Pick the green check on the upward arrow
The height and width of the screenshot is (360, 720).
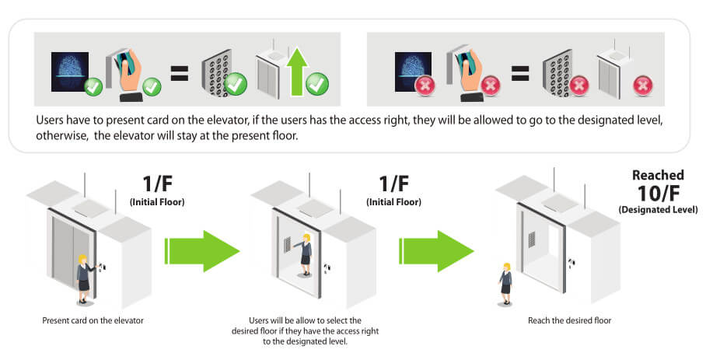316,83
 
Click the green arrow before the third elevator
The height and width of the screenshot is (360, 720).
437,250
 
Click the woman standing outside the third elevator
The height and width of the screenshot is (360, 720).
506,283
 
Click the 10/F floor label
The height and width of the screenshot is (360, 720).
658,194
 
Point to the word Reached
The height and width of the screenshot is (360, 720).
658,175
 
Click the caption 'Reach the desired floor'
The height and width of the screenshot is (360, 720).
570,320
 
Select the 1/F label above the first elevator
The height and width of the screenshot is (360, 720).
159,184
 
